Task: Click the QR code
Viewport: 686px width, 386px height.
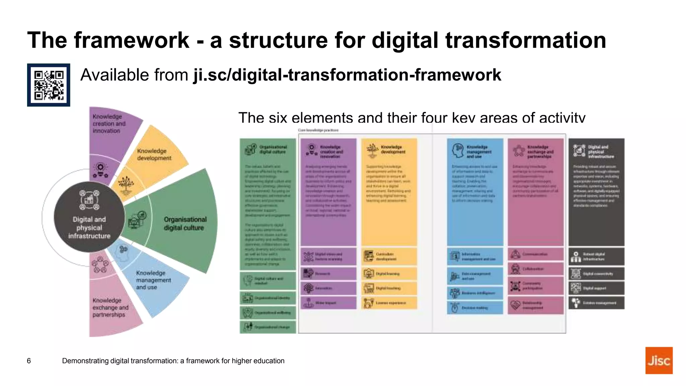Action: pyautogui.click(x=49, y=85)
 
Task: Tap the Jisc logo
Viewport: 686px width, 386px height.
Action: pyautogui.click(x=659, y=360)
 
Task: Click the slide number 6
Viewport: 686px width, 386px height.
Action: pyautogui.click(x=29, y=361)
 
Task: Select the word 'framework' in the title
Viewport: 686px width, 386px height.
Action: pyautogui.click(x=132, y=40)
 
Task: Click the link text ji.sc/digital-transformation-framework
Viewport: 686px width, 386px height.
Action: pyautogui.click(x=347, y=75)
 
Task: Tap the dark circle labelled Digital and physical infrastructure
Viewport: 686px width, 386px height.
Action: pyautogui.click(x=89, y=217)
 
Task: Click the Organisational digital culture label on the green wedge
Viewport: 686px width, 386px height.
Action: pyautogui.click(x=185, y=223)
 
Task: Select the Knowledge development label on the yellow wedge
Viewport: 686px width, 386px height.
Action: pyautogui.click(x=154, y=154)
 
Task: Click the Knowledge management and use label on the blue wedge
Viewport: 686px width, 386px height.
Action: pyautogui.click(x=153, y=280)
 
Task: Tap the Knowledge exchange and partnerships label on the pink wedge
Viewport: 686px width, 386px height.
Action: pyautogui.click(x=110, y=307)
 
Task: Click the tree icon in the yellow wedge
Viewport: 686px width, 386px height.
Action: pyautogui.click(x=126, y=185)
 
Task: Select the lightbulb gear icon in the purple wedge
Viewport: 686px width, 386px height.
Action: pyautogui.click(x=100, y=170)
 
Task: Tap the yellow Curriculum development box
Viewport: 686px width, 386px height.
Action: pyautogui.click(x=389, y=256)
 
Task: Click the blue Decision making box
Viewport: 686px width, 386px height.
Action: pyautogui.click(x=475, y=308)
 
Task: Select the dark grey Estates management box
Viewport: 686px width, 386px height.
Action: pyautogui.click(x=596, y=303)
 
